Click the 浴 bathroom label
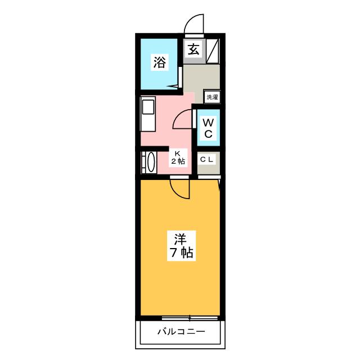click(x=160, y=62)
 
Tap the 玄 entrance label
click(x=193, y=49)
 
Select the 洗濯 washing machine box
click(x=211, y=97)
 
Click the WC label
click(x=208, y=127)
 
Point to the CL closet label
click(x=207, y=160)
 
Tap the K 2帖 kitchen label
click(x=178, y=157)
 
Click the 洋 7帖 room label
click(x=180, y=245)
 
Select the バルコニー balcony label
click(x=181, y=331)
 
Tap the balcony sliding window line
click(x=180, y=317)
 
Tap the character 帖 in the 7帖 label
click(x=187, y=253)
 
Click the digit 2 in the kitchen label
click(x=174, y=161)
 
